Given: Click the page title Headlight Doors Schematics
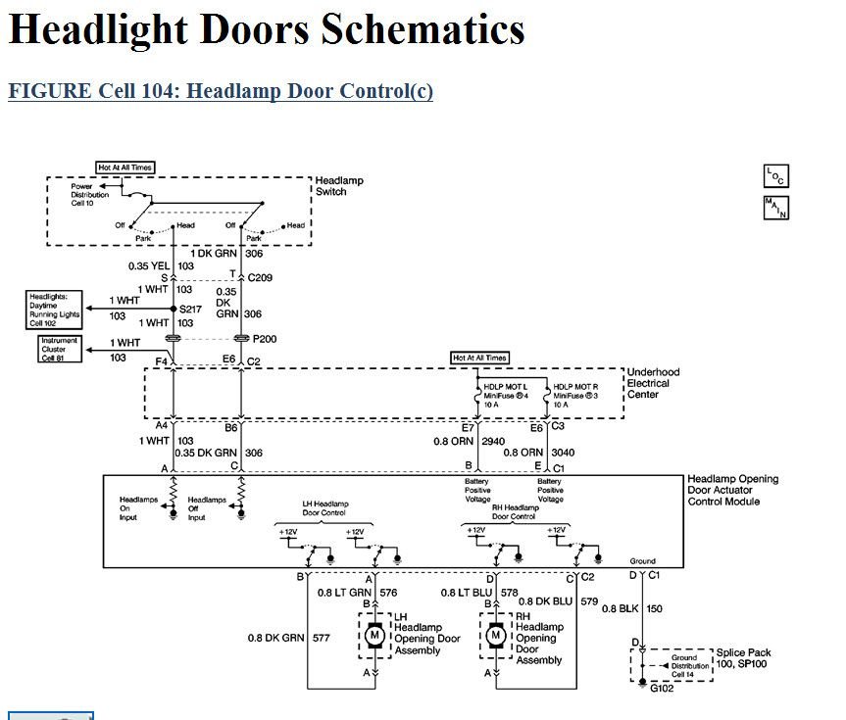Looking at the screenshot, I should coord(267,31).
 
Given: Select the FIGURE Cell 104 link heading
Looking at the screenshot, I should coord(221,91).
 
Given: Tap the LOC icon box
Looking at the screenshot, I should coord(775,176).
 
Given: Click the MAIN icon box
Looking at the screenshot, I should coord(775,208).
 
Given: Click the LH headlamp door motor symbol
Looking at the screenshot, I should coord(373,636).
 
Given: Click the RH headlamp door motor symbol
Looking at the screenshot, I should coord(497,636).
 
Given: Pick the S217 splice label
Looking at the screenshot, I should coord(191,310).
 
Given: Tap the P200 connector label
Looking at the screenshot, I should coord(266,339).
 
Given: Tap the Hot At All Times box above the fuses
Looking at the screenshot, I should coord(480,359).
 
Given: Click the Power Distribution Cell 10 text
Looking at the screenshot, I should coord(89,194).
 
